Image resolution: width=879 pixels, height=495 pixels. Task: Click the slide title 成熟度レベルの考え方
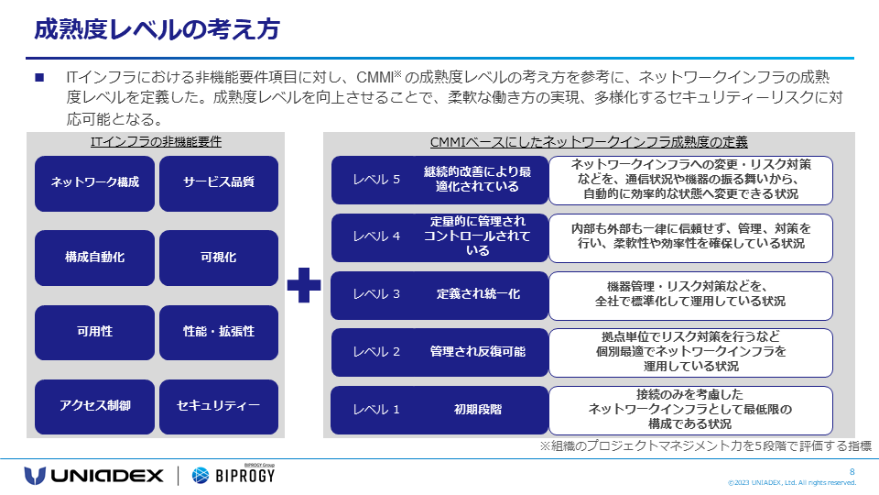[156, 29]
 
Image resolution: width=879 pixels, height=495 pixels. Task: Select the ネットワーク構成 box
[95, 182]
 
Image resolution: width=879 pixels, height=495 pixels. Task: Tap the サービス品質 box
[219, 182]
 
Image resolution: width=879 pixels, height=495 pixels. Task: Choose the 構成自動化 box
[95, 258]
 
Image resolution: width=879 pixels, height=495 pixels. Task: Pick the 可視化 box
[219, 258]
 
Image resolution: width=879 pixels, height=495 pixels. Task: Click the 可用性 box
[95, 332]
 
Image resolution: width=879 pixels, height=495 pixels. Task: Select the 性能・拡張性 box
[219, 332]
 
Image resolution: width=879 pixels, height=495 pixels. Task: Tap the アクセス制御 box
[95, 406]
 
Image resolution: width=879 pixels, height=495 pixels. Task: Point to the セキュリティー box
[219, 406]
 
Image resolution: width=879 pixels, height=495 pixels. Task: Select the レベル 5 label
[377, 180]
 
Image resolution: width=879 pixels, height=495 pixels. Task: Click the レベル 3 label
[377, 294]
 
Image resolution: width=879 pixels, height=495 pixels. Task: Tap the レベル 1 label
[377, 410]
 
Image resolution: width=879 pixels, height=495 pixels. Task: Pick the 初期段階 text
[478, 410]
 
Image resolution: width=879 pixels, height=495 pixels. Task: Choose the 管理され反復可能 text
[478, 352]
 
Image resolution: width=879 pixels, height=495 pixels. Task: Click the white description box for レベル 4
[690, 236]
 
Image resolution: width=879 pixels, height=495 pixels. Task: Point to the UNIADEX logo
[94, 475]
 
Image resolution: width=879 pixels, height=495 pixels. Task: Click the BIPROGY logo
[233, 475]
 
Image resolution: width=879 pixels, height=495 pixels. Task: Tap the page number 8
[852, 471]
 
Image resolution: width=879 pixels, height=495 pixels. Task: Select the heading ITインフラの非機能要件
[156, 142]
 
